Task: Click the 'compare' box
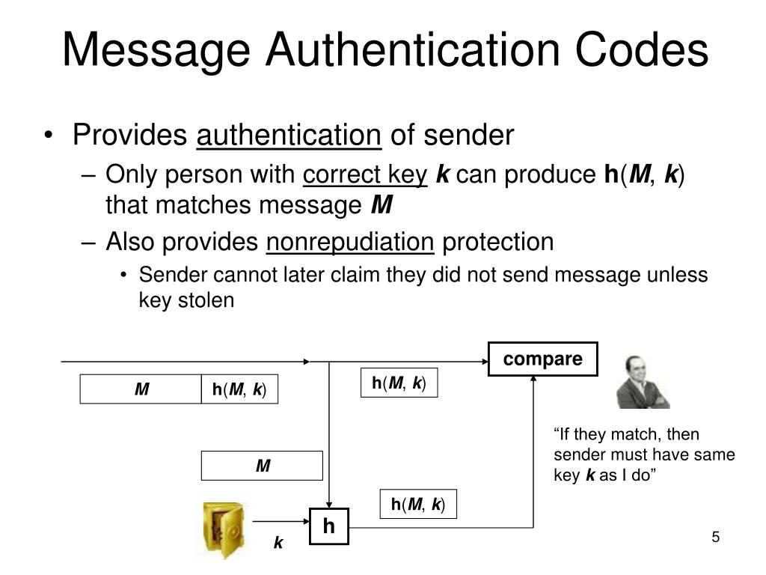(543, 359)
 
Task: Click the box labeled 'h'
(329, 526)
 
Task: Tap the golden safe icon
(222, 529)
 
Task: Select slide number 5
(715, 538)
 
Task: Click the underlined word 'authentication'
(289, 136)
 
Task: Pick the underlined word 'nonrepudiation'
(350, 242)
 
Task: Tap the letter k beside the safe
(278, 543)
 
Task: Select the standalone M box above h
(262, 466)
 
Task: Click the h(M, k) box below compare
(399, 383)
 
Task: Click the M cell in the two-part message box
(141, 389)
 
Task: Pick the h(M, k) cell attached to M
(239, 389)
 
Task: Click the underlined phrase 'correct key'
(365, 175)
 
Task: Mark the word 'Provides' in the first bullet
(129, 136)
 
